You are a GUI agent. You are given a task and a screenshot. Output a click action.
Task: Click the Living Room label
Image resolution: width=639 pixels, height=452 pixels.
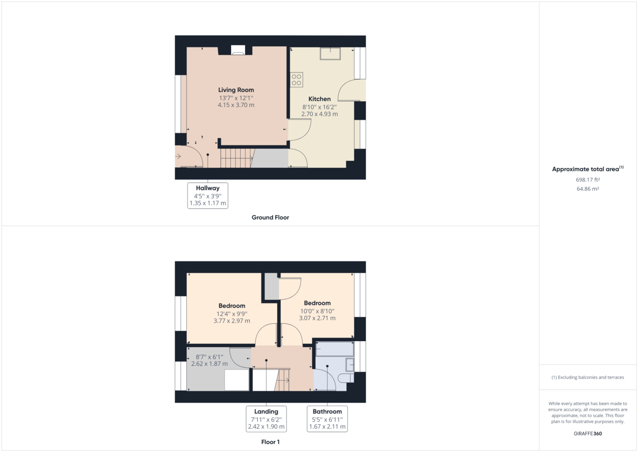point(236,90)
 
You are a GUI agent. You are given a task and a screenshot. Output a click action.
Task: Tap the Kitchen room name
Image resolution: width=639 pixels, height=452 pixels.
point(319,99)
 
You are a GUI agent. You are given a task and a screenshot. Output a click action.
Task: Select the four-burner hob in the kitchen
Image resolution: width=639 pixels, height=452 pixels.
point(297,79)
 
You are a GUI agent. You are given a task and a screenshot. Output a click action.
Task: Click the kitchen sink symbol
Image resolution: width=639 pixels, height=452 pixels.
point(330,54)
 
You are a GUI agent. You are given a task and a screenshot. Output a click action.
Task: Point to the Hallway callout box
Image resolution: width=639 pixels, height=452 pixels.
point(208,195)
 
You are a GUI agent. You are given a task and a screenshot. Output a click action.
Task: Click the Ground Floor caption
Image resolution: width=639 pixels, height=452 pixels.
point(270,217)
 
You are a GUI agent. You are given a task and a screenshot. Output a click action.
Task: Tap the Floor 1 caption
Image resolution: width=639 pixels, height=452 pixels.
point(270,442)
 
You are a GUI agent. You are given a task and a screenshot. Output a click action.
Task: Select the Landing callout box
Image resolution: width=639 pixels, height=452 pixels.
point(266,419)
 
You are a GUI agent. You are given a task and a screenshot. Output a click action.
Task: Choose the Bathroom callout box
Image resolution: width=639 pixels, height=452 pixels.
point(327,419)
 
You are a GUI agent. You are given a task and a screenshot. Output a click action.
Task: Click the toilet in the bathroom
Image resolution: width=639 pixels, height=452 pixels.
point(346,378)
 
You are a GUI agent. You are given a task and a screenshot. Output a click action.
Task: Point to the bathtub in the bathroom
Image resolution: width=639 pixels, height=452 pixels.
point(335,349)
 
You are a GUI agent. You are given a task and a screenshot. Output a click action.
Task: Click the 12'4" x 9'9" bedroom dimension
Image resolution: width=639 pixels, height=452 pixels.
point(232,314)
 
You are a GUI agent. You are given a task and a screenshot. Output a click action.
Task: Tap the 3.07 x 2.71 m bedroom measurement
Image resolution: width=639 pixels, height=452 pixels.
point(317,318)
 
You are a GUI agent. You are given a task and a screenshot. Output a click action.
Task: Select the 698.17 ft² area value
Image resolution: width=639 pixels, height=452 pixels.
point(588,179)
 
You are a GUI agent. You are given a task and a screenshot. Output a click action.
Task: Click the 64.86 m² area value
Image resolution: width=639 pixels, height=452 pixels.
point(588,189)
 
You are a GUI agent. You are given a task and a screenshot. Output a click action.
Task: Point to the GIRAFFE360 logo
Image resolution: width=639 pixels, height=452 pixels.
point(588,433)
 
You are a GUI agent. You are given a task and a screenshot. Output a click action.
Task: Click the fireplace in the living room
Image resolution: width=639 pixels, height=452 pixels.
point(238,50)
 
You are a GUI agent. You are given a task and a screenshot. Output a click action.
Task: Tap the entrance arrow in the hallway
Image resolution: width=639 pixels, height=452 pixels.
point(178,157)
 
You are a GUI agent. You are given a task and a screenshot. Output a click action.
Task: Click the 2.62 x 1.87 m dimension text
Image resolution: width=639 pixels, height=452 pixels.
point(209,364)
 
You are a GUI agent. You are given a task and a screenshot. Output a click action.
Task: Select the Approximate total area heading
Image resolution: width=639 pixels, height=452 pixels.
point(588,169)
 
